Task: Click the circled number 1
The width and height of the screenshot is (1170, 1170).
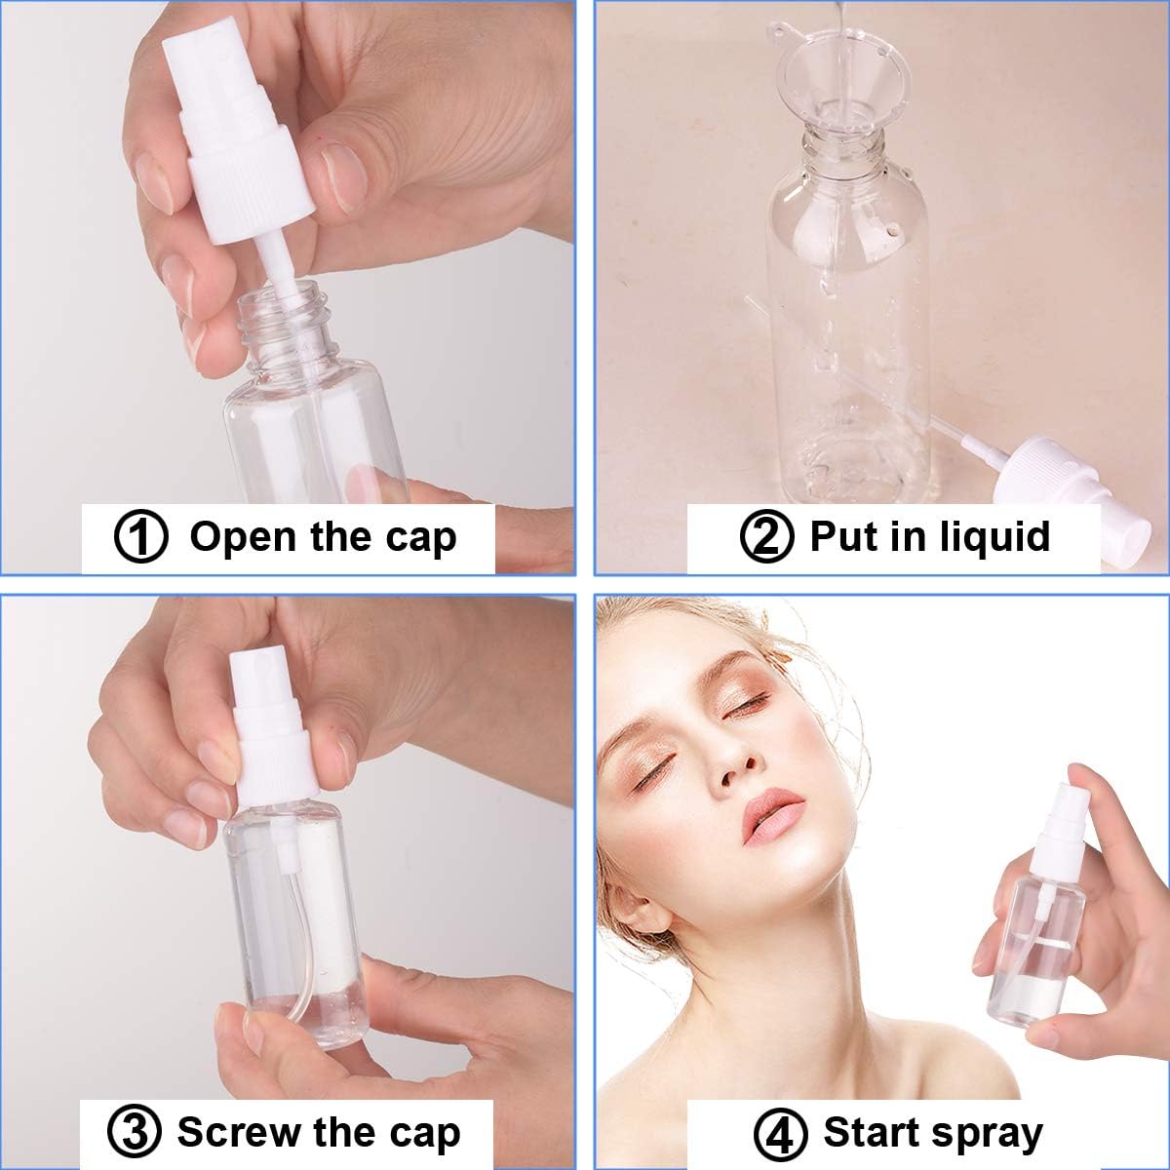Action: coord(141,537)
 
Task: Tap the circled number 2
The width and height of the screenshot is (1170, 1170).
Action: coord(766,537)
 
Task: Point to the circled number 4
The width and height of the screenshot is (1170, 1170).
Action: coord(779,1133)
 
